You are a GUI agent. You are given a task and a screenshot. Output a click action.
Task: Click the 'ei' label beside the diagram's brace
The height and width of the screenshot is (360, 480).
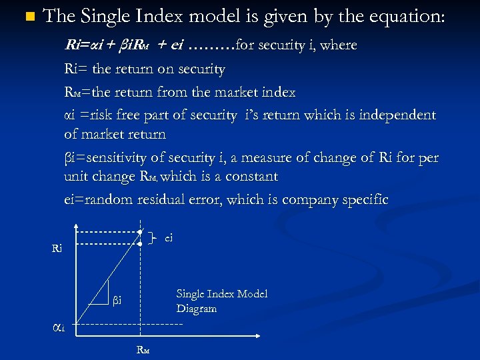tap(169, 236)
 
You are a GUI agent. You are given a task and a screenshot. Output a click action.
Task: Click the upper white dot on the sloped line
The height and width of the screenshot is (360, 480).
tap(141, 231)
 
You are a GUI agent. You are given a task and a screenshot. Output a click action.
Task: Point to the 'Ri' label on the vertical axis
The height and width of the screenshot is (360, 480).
tap(57, 249)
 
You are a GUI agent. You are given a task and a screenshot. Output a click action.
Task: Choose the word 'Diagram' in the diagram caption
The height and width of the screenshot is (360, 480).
tap(197, 309)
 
